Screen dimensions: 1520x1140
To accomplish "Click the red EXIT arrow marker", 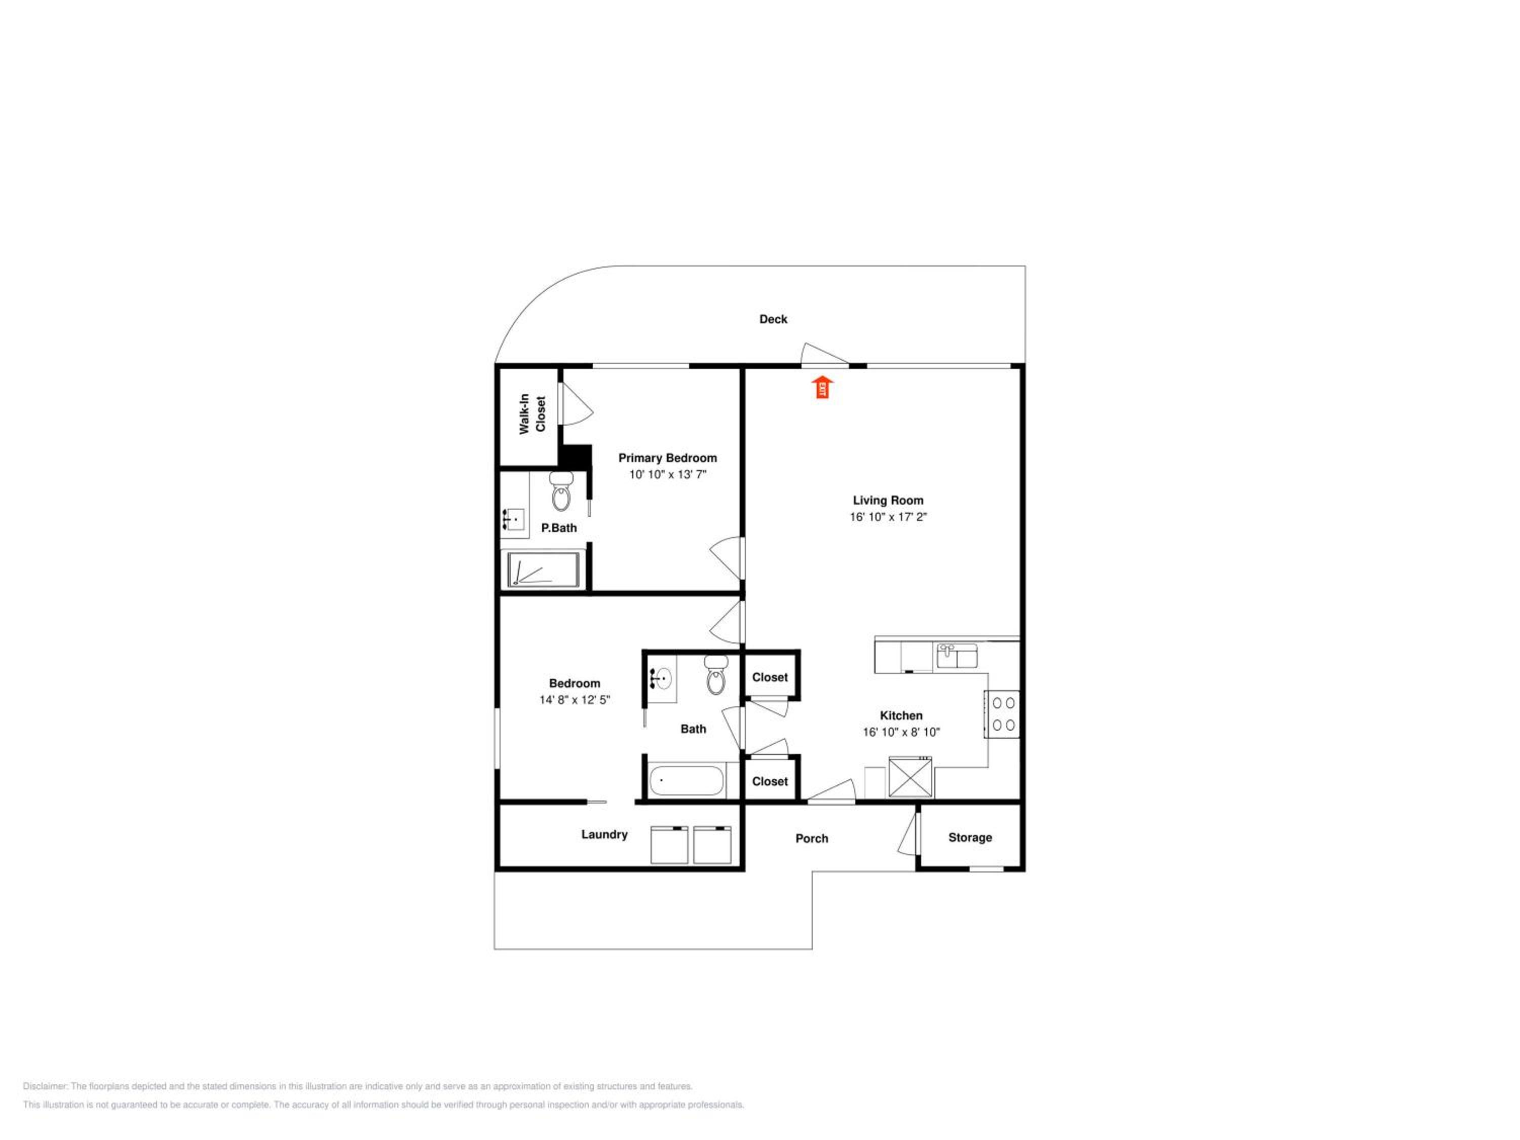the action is click(822, 387).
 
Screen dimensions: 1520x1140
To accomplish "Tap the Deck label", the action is click(773, 319).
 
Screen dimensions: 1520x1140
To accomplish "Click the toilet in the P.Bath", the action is click(561, 490).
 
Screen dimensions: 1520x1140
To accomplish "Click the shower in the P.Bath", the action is click(543, 569).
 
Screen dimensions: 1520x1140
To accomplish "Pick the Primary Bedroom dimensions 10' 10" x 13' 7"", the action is click(668, 474).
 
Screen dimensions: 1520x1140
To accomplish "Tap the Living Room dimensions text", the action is click(888, 517).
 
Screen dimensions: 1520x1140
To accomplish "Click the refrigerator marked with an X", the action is click(910, 777).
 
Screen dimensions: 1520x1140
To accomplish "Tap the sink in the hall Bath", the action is click(662, 679).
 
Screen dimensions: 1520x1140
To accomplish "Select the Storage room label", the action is click(970, 837).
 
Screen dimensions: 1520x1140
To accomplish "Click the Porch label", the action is click(812, 839).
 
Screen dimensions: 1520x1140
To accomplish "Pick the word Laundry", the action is click(604, 834).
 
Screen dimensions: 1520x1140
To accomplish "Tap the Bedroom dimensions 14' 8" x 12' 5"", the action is click(575, 700).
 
